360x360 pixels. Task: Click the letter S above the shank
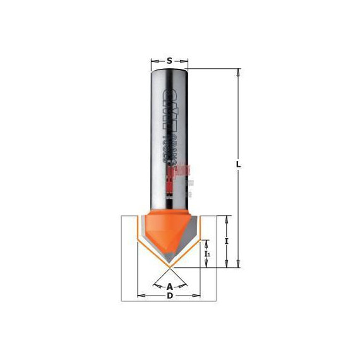coord(169,61)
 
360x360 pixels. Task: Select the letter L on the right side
coord(238,164)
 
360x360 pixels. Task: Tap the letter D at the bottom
coord(169,296)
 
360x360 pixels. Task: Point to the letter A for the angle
coord(169,285)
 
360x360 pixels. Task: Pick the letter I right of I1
coord(226,241)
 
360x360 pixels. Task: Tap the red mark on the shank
coord(179,169)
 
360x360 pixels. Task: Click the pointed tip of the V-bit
coord(169,266)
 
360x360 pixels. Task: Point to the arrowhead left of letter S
coord(154,61)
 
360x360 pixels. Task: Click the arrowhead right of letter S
coord(184,61)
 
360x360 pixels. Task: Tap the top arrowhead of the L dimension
coord(238,72)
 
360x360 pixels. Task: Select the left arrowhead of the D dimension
coord(140,296)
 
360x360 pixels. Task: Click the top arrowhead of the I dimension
coord(226,219)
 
